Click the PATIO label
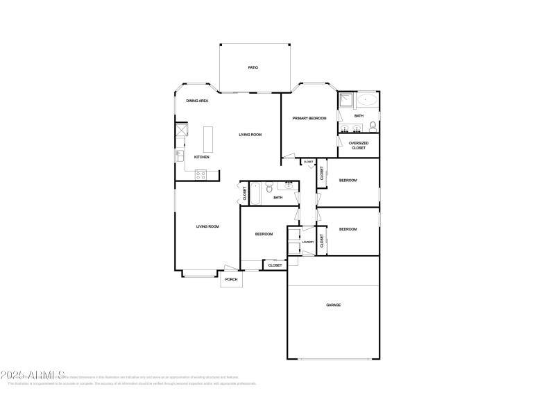coord(253,67)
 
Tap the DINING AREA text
coord(197,101)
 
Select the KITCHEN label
coord(201,157)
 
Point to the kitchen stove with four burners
coord(201,176)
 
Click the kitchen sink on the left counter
coord(179,156)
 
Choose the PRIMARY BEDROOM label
coord(309,119)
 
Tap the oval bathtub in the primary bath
coord(367,100)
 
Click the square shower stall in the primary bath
coord(345,100)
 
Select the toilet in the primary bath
coord(373,126)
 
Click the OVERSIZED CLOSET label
coord(359,145)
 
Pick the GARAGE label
coord(334,305)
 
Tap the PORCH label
coord(231,279)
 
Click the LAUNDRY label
coord(308,242)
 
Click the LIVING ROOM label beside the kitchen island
coord(250,135)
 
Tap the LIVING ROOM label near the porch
coord(207,226)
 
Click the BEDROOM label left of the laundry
coord(264,234)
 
